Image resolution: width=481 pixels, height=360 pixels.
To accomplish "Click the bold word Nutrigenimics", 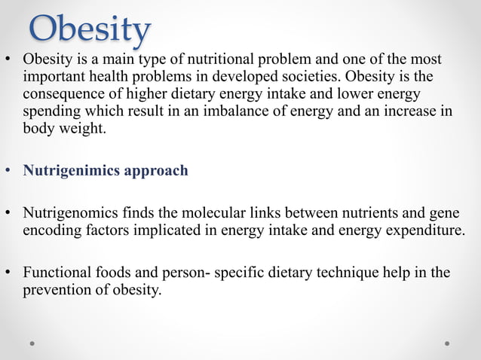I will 66,170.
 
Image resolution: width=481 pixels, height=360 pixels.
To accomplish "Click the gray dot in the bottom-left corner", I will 32,343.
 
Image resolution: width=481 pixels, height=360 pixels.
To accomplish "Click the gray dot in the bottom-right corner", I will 447,343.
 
